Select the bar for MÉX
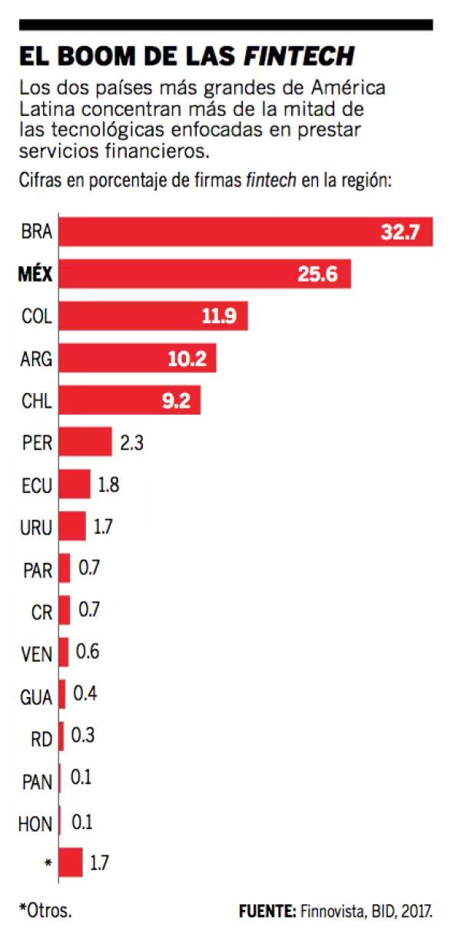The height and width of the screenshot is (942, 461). click(204, 274)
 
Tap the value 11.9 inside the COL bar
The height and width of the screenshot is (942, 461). click(219, 316)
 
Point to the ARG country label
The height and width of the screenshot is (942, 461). click(36, 358)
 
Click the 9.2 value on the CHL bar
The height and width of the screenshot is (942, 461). click(176, 400)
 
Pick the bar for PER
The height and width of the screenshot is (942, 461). click(85, 441)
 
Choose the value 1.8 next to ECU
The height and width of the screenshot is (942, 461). click(108, 484)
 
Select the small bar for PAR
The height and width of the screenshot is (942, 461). click(65, 568)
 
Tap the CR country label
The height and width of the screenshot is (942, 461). click(41, 613)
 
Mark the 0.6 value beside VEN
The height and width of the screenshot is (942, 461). click(88, 653)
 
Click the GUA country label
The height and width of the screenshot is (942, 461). click(36, 698)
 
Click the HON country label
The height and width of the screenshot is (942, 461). click(35, 824)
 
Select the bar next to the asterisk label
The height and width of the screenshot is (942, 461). click(71, 862)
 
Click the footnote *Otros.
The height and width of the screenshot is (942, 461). click(45, 911)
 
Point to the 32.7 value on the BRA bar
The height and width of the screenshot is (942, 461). click(400, 232)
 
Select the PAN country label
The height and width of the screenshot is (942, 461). click(37, 782)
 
